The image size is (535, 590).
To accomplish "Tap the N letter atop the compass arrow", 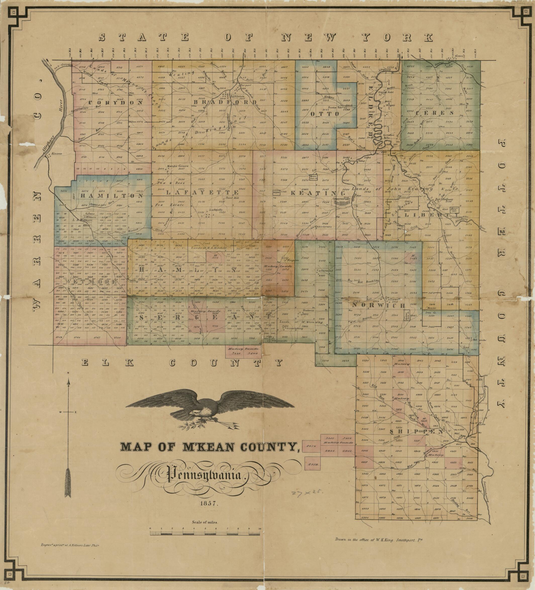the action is point(68,373).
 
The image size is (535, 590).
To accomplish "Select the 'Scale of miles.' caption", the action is point(205,522).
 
